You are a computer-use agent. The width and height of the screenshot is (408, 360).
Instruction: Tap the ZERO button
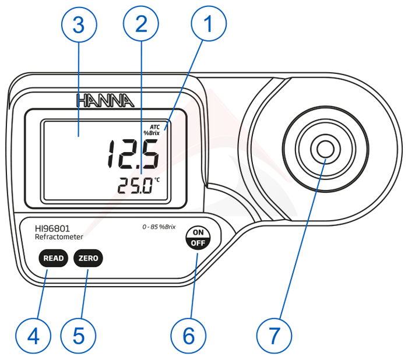[88, 257]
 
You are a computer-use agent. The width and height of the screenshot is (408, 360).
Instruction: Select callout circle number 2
[140, 24]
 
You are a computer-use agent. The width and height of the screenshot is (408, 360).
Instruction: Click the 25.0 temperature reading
[135, 186]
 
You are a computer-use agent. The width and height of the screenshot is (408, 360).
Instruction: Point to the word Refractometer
[59, 237]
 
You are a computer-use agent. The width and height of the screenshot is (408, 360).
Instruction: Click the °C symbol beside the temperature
[157, 179]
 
